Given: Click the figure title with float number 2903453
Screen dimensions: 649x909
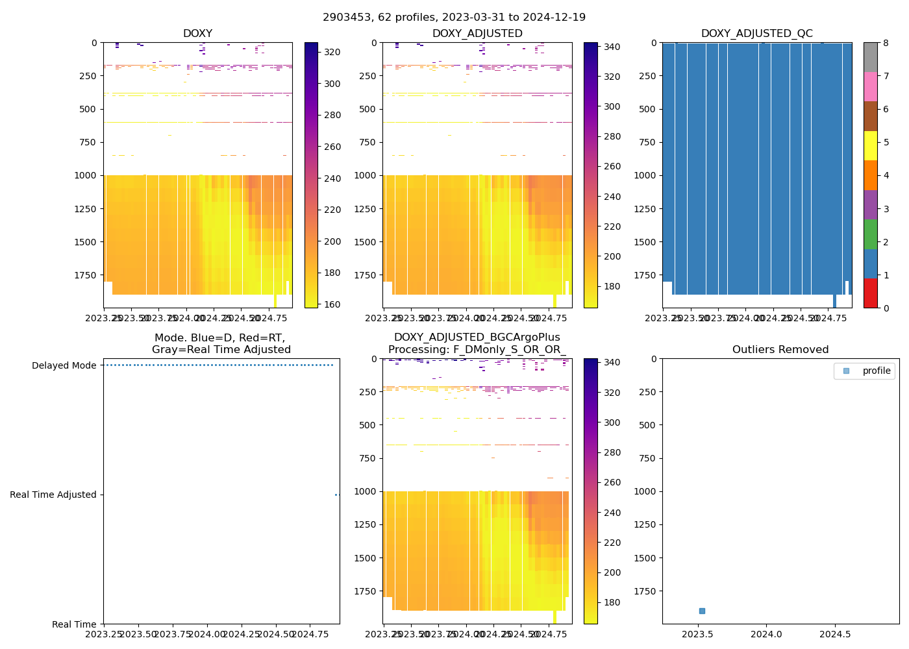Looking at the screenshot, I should (x=454, y=18).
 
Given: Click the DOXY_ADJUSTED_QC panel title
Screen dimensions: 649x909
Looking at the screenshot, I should (x=756, y=34).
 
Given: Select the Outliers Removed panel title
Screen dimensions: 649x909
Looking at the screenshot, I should (x=780, y=350).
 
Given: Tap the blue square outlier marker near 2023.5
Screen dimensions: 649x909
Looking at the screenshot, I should (x=702, y=611).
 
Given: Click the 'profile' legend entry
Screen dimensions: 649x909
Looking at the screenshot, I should (x=876, y=371).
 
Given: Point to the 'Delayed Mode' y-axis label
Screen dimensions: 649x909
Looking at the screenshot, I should (x=64, y=365).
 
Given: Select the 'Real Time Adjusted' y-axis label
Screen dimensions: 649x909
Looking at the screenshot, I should (x=53, y=495).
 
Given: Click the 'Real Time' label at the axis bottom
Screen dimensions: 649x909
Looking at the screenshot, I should (x=74, y=624).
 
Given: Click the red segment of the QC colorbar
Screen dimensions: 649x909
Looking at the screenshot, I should (x=870, y=293).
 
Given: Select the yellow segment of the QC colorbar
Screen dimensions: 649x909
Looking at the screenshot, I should (x=870, y=145).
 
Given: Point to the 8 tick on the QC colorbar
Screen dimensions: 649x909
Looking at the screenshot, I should (x=886, y=43).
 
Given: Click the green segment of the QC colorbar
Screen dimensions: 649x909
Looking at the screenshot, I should (x=870, y=234).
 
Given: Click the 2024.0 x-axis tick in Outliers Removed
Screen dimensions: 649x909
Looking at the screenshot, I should (x=767, y=633).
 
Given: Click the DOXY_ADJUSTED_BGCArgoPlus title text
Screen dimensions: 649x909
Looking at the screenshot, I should (x=477, y=337).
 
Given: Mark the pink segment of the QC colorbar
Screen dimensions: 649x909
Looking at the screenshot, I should (x=870, y=86).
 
